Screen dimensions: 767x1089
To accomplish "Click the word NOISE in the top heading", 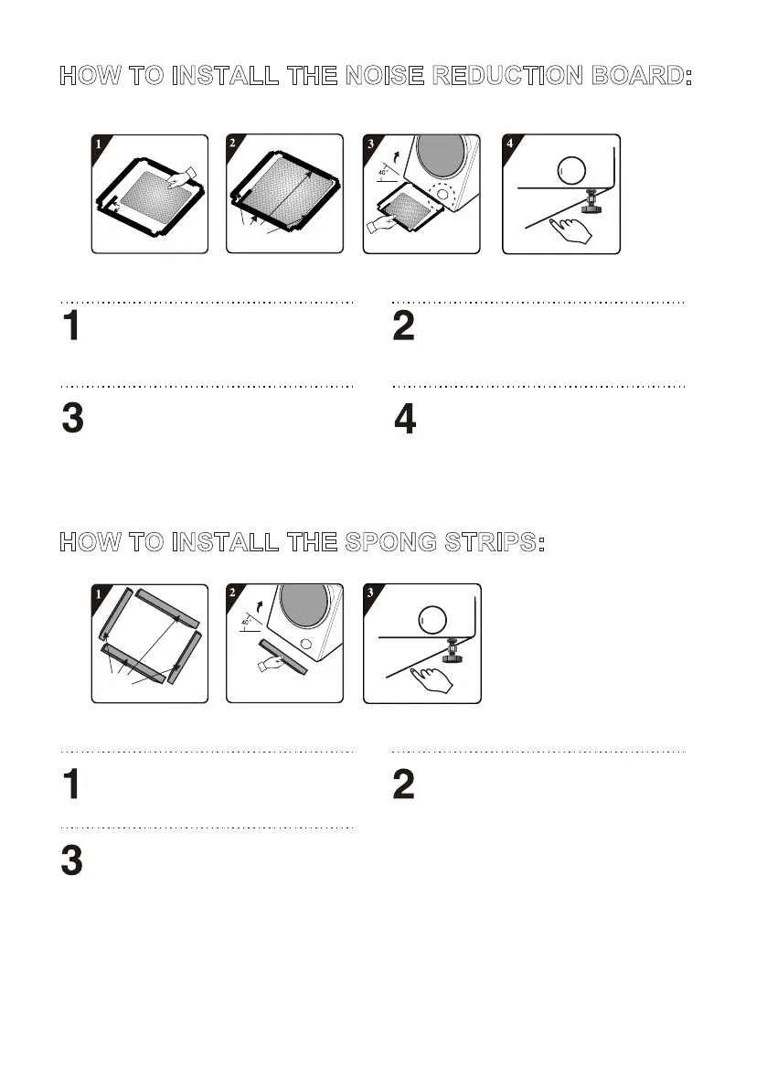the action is pos(385,76).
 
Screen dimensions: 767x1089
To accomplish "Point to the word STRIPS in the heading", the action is pos(495,542).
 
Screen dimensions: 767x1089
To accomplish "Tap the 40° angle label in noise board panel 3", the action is pos(383,171).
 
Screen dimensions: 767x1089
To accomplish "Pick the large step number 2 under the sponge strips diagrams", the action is pos(403,785).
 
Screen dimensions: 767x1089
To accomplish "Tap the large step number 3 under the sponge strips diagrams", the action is pos(72,860).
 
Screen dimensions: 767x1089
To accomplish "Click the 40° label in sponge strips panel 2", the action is pos(246,622).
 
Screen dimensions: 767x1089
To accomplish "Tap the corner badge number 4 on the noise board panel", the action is pos(510,144).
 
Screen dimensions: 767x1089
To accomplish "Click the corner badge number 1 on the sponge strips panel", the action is pos(98,593).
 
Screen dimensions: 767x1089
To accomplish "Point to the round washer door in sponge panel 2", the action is pos(306,604).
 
